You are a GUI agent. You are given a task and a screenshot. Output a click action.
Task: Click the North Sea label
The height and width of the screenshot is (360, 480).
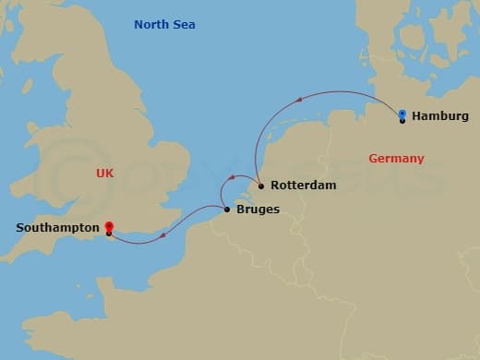pyautogui.click(x=164, y=24)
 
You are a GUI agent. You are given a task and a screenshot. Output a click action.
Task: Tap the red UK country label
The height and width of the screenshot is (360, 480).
pyautogui.click(x=105, y=173)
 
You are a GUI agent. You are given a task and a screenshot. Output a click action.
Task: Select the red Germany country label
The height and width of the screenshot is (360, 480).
pyautogui.click(x=396, y=159)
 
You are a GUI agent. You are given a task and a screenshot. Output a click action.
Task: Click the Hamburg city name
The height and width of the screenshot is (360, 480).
pyautogui.click(x=440, y=116)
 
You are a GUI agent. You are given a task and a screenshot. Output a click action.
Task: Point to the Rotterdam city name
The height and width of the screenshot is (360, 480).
pyautogui.click(x=303, y=186)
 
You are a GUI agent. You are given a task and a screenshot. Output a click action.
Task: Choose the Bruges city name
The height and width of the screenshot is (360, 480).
pyautogui.click(x=258, y=210)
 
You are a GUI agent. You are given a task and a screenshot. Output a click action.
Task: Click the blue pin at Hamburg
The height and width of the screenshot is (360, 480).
pyautogui.click(x=402, y=114)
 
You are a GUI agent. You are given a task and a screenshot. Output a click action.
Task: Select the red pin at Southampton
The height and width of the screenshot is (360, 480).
pyautogui.click(x=109, y=226)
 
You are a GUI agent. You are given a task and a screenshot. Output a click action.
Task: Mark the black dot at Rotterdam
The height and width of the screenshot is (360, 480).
pyautogui.click(x=261, y=186)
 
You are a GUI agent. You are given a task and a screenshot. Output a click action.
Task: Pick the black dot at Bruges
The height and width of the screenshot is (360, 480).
pyautogui.click(x=227, y=210)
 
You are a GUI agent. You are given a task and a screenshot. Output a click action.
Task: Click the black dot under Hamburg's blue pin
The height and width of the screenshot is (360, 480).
pyautogui.click(x=402, y=121)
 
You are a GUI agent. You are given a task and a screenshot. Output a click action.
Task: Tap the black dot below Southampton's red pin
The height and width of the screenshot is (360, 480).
pyautogui.click(x=109, y=234)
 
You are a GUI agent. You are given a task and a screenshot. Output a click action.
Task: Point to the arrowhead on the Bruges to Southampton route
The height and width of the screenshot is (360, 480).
pyautogui.click(x=163, y=234)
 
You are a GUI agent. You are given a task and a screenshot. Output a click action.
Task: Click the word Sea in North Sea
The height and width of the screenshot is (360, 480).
pyautogui.click(x=184, y=24)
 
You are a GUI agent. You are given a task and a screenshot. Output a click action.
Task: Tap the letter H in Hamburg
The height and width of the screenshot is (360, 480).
pyautogui.click(x=416, y=116)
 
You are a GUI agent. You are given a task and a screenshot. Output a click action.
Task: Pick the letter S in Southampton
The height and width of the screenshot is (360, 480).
pyautogui.click(x=20, y=226)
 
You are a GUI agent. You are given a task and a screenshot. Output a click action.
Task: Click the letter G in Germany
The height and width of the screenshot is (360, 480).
pyautogui.click(x=373, y=159)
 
